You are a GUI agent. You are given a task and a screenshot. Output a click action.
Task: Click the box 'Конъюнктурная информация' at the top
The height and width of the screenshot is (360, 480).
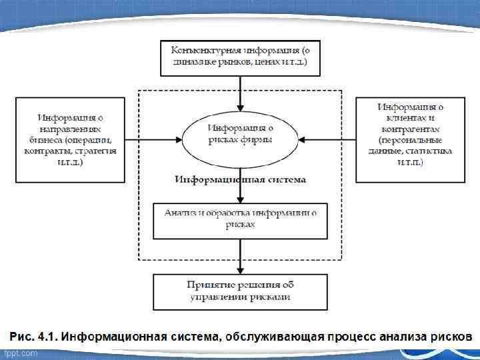click(239, 57)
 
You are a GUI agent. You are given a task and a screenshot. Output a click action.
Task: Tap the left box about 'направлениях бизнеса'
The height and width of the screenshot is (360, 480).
click(69, 139)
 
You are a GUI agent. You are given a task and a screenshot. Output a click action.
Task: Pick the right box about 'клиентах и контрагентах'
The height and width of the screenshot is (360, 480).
click(410, 139)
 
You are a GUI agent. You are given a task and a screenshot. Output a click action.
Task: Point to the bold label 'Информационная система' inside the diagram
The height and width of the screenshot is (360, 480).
click(240, 179)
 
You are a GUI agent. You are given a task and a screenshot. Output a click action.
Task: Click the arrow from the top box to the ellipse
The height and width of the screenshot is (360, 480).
click(240, 93)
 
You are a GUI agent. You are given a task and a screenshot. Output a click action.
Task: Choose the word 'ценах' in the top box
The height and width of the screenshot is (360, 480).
click(265, 63)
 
